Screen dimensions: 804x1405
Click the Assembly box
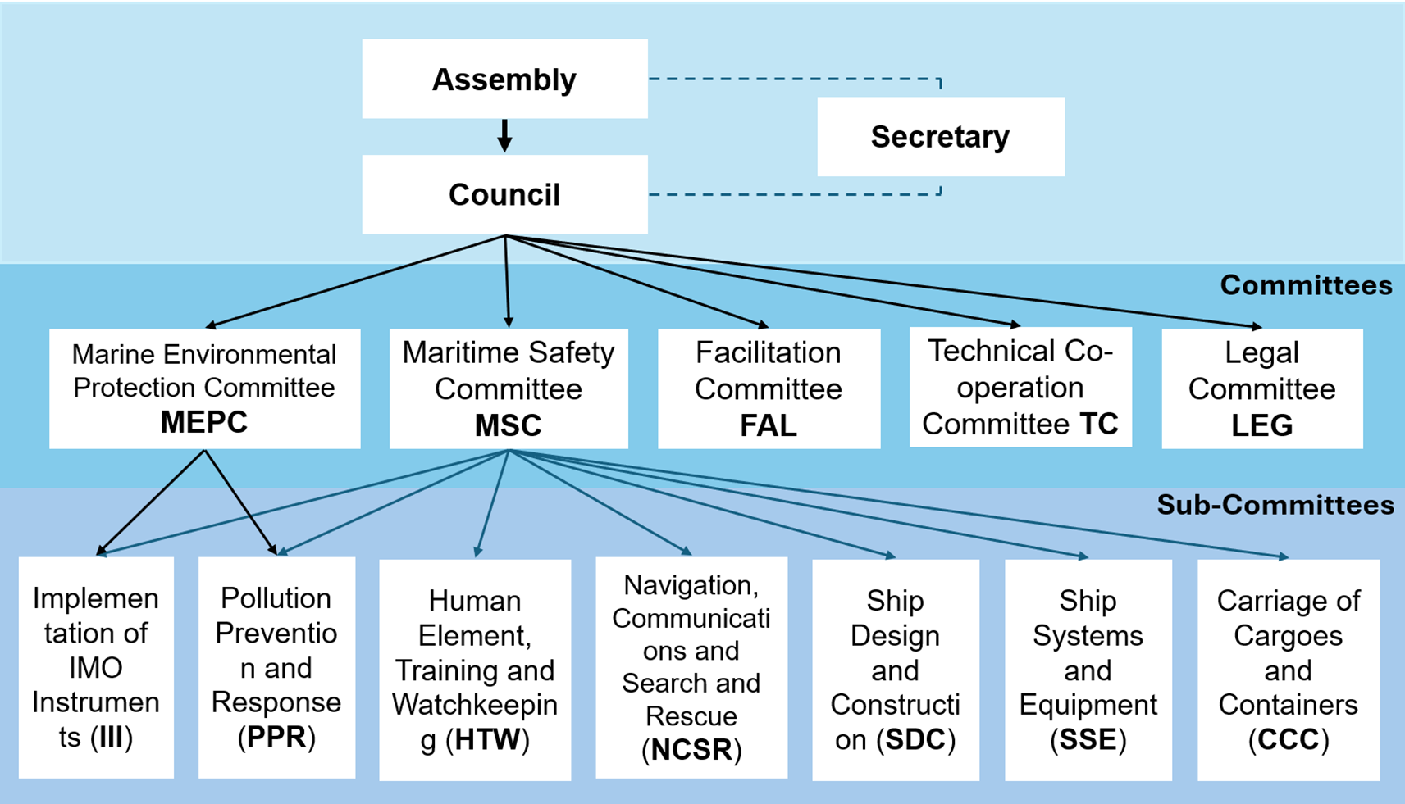click(x=504, y=79)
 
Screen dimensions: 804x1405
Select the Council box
click(x=504, y=195)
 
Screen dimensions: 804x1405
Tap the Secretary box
click(x=940, y=137)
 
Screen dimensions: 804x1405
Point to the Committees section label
click(x=1306, y=285)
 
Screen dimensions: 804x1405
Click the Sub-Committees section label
click(x=1275, y=505)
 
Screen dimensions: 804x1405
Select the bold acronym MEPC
click(x=203, y=423)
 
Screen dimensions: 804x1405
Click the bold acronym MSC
click(x=508, y=426)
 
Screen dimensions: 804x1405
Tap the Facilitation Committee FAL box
click(x=769, y=388)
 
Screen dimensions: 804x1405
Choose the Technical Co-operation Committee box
click(x=1020, y=388)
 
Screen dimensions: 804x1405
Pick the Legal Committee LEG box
click(x=1261, y=388)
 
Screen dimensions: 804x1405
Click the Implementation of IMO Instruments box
click(x=96, y=667)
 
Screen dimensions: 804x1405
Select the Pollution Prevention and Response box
click(x=276, y=667)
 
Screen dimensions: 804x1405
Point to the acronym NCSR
click(x=691, y=750)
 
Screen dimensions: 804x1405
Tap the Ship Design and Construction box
click(x=895, y=670)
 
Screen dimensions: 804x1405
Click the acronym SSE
click(x=1088, y=740)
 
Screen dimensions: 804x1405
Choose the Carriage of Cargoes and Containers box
click(x=1288, y=670)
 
